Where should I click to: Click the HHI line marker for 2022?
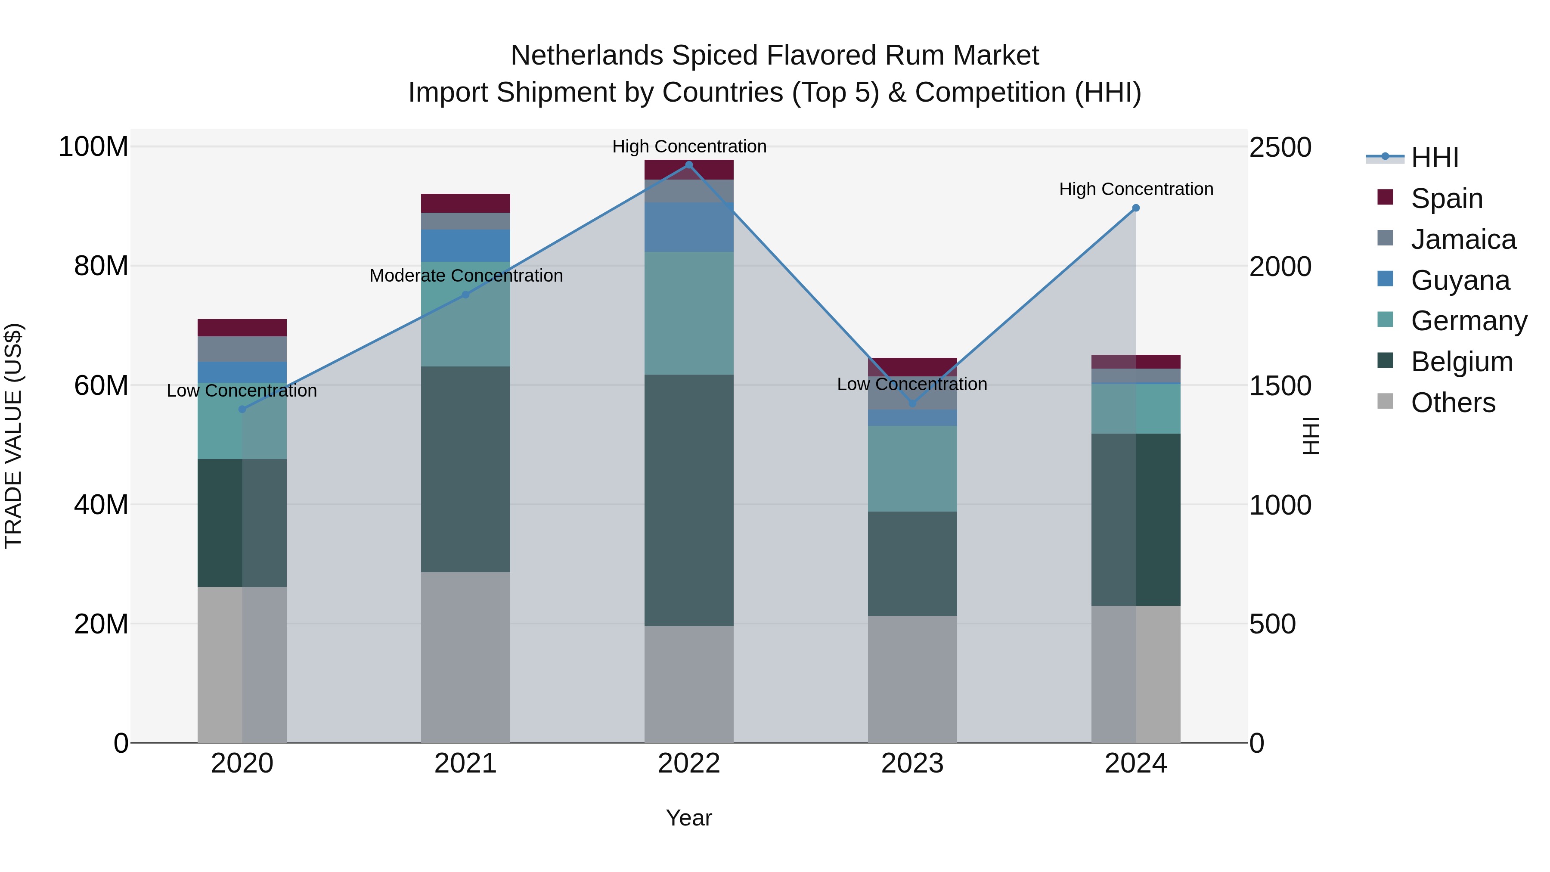(x=689, y=164)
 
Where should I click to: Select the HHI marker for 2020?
(x=242, y=409)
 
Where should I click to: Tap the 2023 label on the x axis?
(x=912, y=763)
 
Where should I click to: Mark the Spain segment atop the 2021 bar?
(x=465, y=203)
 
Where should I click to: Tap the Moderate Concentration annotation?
(x=466, y=276)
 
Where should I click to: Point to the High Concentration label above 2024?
(x=1135, y=189)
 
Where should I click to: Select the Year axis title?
(x=688, y=818)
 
